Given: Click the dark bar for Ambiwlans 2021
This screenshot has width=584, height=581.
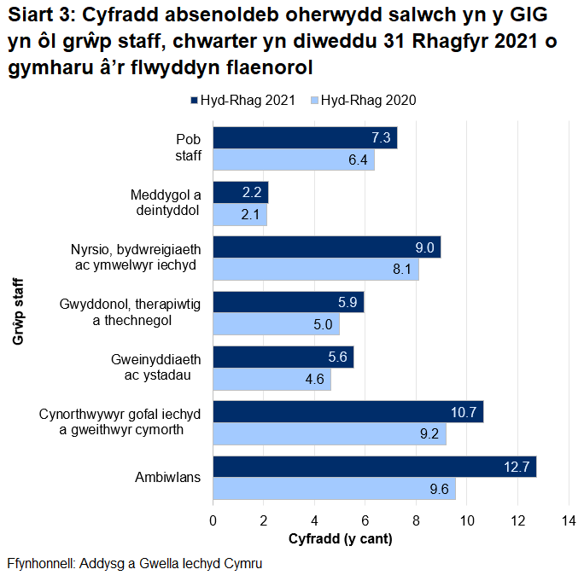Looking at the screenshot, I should (374, 468).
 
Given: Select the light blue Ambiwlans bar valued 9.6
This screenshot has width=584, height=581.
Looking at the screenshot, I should (334, 490).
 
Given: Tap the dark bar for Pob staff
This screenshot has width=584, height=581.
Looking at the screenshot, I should (305, 138).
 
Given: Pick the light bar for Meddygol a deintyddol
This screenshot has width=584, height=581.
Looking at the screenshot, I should (240, 215).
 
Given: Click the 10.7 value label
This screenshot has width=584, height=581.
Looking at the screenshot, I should (463, 413).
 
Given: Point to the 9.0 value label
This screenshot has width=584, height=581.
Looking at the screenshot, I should (425, 248).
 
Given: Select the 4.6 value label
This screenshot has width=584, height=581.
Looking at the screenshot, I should (314, 380).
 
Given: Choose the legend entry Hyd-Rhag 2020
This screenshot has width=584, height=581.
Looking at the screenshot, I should (364, 101).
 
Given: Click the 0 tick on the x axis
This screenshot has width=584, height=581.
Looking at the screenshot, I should (213, 520).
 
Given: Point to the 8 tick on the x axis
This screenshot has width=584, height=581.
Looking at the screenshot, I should (416, 520).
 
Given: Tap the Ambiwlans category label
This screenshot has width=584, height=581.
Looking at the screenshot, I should (167, 478).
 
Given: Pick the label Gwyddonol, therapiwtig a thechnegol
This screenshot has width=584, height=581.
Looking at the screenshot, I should (130, 312).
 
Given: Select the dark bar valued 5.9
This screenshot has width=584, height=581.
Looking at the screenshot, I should (288, 303).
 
